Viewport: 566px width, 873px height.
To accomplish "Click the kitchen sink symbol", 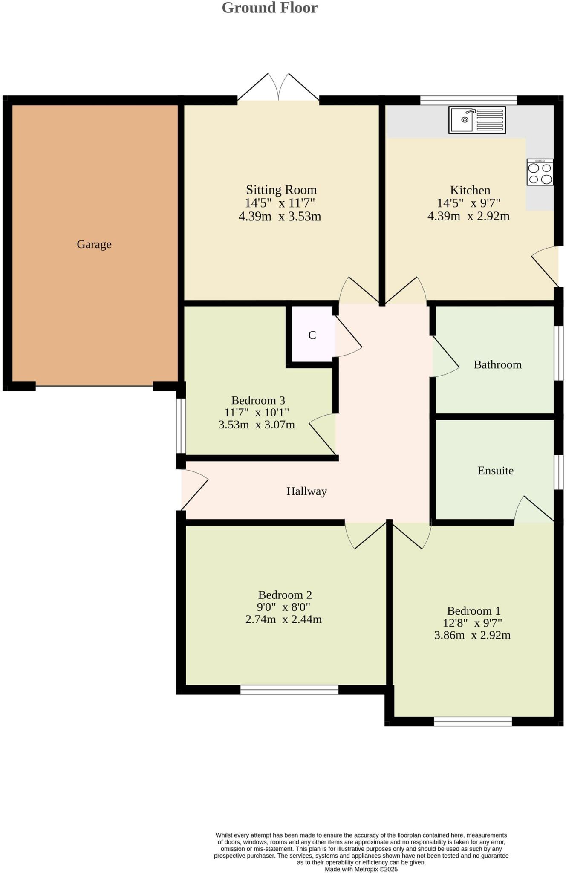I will pos(477,120).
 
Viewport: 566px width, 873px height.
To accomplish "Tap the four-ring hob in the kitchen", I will pos(540,172).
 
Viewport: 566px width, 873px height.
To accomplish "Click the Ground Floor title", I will pos(269,8).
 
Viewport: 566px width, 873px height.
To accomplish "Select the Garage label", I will pos(94,244).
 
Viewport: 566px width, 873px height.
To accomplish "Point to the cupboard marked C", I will pos(312,335).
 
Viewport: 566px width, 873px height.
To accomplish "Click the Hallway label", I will pos(306,491).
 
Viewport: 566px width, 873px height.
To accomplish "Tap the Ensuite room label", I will pos(495,471).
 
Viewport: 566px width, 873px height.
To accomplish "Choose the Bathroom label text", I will pos(497,364).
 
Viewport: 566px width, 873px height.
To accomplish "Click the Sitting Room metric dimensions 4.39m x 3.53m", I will pos(280,217).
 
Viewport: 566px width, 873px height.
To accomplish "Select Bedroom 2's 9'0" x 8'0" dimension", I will pos(283,607).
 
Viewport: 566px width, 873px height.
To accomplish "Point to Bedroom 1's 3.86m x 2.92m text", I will pos(472,635).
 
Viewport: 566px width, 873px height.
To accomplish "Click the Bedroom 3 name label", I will pos(258,400).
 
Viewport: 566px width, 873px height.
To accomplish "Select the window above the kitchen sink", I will pos(468,100).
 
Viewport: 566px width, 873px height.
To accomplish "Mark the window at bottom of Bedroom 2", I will pos(289,690).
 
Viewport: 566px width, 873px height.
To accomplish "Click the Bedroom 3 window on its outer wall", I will pos(181,425).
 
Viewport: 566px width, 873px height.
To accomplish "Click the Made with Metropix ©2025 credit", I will pos(361,869).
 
